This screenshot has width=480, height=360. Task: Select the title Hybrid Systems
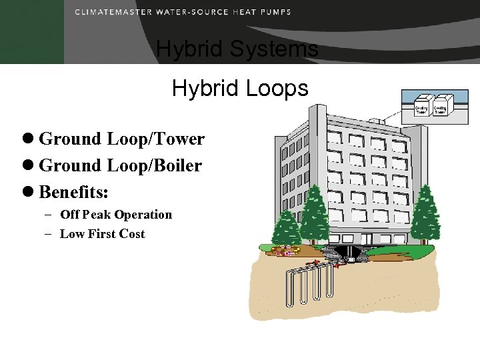pos(237,49)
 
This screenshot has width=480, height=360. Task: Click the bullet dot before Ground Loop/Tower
pos(29,139)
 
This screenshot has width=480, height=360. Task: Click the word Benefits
pos(74,192)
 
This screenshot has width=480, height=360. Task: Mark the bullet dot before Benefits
pos(29,193)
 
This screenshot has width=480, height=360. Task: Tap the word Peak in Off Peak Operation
pos(97,215)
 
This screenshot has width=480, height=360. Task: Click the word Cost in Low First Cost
pos(132,234)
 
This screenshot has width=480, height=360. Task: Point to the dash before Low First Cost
pos(51,234)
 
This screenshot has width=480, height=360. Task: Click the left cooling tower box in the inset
pos(421,107)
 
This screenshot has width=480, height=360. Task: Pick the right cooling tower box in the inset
pos(440,107)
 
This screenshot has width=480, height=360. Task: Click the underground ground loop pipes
pos(310,283)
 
